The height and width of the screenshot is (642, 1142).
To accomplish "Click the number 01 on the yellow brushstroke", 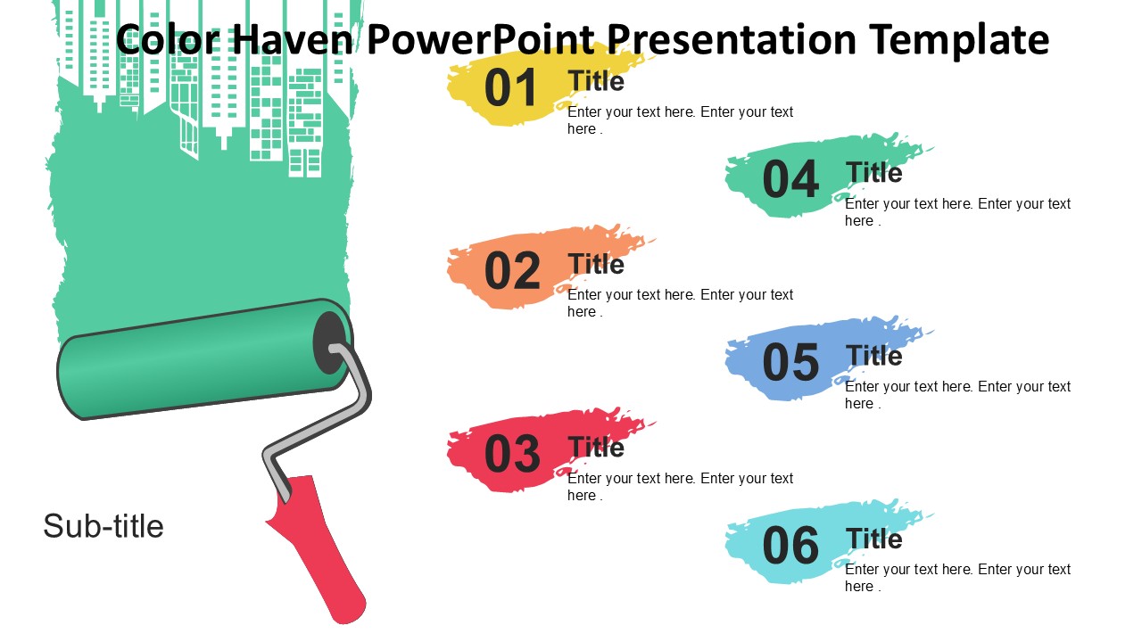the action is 510,87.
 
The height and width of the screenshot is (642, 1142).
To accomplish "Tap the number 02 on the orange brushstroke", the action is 512,270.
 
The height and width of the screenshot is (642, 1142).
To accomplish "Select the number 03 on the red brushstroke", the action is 512,454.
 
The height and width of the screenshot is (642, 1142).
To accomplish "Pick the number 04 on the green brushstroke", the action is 790,179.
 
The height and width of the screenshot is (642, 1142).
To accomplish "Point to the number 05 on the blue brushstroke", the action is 790,362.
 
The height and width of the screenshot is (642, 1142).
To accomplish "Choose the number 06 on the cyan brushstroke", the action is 790,545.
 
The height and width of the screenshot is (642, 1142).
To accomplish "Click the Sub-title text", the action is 103,526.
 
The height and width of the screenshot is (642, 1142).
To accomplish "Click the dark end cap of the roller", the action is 330,343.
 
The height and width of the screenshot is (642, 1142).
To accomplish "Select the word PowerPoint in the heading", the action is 481,38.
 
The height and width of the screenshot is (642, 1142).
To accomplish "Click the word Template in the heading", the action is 959,40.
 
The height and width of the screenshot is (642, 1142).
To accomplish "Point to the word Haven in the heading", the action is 293,40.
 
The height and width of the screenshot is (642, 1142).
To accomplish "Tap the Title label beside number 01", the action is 596,81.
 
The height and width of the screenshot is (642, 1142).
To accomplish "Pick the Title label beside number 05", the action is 873,355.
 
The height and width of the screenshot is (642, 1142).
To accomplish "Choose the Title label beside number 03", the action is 596,447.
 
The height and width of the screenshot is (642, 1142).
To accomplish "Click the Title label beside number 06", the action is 873,539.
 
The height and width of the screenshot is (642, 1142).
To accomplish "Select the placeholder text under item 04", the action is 957,212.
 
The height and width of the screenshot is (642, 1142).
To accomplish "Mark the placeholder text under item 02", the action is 680,302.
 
